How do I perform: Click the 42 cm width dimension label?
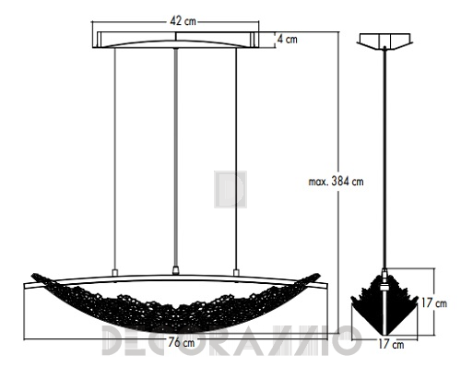[183, 21]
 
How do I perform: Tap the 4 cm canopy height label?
[288, 40]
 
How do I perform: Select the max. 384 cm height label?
[336, 182]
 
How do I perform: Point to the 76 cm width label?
[182, 342]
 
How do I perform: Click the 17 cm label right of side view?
[434, 303]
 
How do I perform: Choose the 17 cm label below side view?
[391, 344]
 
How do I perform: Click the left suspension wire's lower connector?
[115, 273]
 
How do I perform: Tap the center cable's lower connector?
[175, 270]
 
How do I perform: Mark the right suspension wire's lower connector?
[236, 273]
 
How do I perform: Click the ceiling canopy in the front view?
[175, 40]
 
